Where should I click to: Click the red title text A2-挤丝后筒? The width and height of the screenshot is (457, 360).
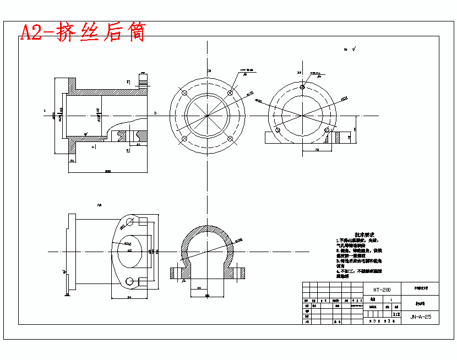pos(83,32)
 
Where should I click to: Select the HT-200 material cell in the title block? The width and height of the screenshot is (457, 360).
pos(382,290)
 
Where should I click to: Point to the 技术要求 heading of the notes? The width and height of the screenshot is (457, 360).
pos(364,234)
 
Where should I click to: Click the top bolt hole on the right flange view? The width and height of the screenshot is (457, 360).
pos(302,87)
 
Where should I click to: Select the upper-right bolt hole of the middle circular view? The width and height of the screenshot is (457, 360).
pos(230,92)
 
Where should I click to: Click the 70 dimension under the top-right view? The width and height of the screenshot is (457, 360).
pos(317,149)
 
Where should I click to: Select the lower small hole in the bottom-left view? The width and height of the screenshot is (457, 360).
pos(130,281)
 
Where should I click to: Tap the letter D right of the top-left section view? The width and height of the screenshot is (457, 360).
pos(155,113)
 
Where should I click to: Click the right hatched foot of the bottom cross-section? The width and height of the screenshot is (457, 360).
pos(240,272)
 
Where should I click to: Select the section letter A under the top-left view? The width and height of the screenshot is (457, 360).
pos(94,147)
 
